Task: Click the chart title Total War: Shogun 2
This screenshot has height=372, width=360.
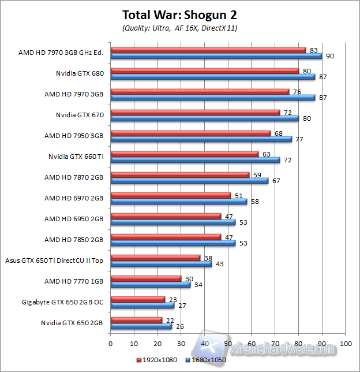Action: point(180,14)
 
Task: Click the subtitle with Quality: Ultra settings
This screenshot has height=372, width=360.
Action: point(180,28)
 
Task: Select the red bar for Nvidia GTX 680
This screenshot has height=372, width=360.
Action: point(204,71)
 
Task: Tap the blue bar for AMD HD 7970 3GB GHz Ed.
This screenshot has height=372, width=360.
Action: point(216,56)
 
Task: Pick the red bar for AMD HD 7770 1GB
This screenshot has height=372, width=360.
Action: point(145,278)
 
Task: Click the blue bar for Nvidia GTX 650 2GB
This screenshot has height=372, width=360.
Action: point(141,326)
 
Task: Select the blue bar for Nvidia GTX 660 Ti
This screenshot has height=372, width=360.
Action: point(195,160)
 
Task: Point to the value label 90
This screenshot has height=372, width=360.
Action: point(330,56)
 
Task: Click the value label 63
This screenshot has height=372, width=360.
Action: point(267,154)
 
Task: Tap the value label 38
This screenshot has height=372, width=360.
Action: point(208,258)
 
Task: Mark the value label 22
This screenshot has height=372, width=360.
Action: point(170,319)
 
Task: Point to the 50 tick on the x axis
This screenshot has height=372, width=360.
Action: point(228,343)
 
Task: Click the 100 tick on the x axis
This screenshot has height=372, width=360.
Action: point(346,343)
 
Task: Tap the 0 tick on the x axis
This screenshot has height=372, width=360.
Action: point(110,343)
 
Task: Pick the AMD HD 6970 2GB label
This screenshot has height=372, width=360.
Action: point(74,198)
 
